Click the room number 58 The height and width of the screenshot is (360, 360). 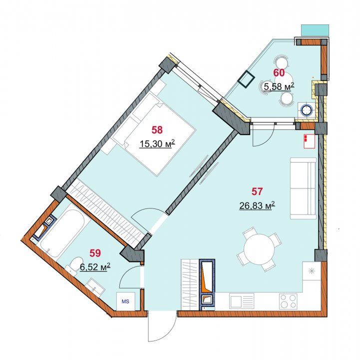pos(157,130)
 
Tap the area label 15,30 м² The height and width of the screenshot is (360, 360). pos(157,144)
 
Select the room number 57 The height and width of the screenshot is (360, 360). pos(257,191)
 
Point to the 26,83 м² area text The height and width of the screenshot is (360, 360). pos(257,205)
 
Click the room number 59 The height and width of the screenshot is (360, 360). pos(95,253)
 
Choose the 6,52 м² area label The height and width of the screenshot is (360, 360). pos(95,267)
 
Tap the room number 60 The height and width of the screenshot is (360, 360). pos(279,73)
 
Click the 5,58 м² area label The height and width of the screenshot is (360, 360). pos(279,86)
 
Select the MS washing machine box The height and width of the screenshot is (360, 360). pos(126,301)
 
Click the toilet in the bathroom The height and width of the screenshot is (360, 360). pos(73,265)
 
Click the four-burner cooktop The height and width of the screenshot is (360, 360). pos(288,301)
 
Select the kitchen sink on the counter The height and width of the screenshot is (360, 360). pos(242,301)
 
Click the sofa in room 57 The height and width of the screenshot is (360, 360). pos(303,188)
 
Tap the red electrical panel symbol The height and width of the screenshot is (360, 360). pos(310,141)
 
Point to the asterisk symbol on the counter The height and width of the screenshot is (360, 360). pos(312,271)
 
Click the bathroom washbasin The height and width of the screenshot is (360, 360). pos(96,286)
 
